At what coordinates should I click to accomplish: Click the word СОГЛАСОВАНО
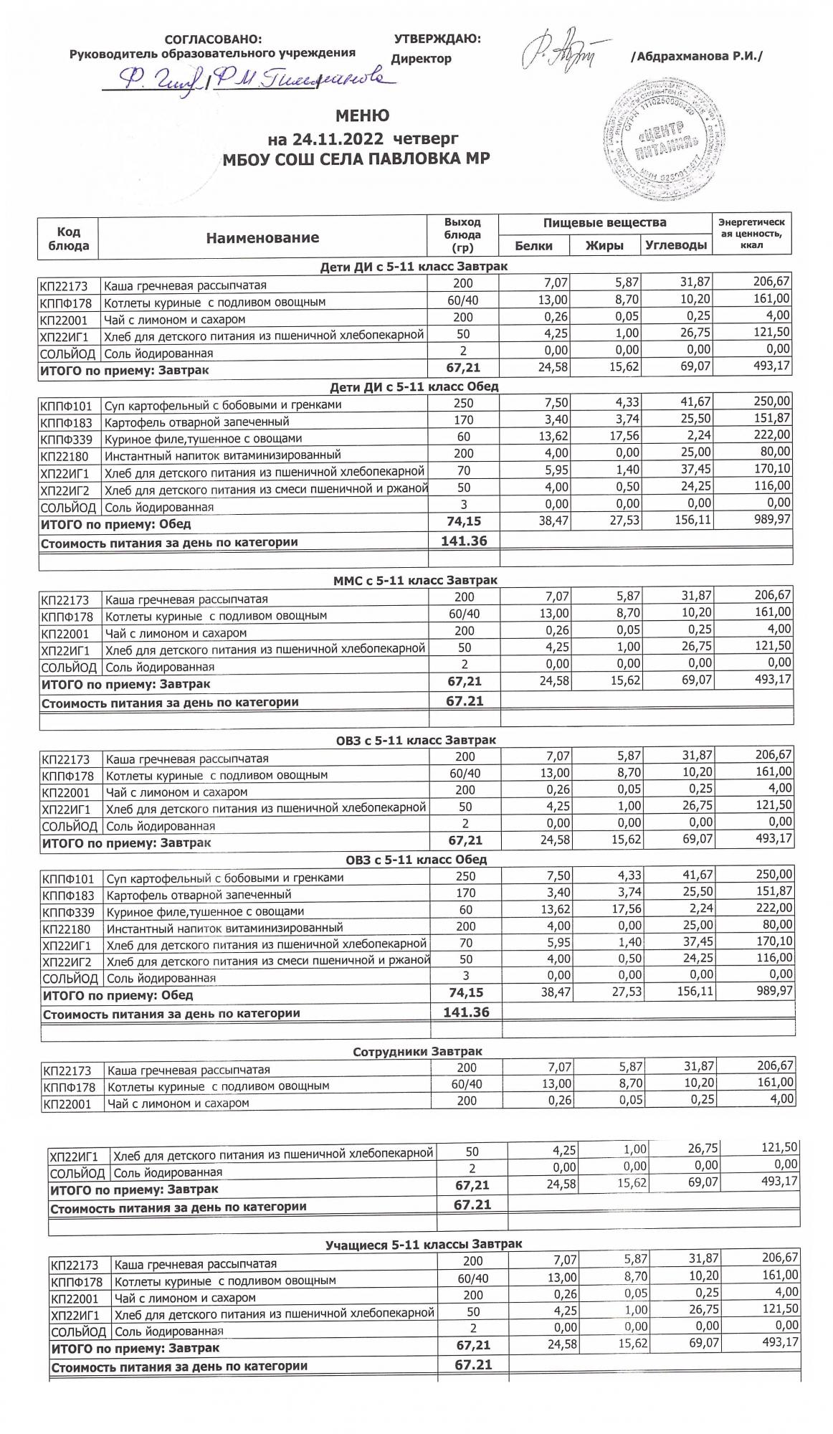pyautogui.click(x=213, y=39)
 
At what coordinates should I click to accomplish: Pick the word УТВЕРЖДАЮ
pyautogui.click(x=437, y=39)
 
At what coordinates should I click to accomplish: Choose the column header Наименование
pyautogui.click(x=262, y=238)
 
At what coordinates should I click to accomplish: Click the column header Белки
pyautogui.click(x=534, y=246)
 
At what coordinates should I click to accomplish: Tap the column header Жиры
pyautogui.click(x=604, y=246)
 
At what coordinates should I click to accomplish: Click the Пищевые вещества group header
pyautogui.click(x=604, y=223)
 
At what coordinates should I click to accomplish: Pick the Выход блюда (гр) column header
pyautogui.click(x=462, y=235)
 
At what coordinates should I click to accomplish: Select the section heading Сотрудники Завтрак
pyautogui.click(x=417, y=1051)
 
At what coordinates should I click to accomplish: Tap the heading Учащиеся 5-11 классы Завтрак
pyautogui.click(x=424, y=1244)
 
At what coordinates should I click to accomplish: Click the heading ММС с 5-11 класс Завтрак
pyautogui.click(x=415, y=579)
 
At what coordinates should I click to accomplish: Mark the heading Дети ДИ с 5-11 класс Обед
pyautogui.click(x=414, y=386)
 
